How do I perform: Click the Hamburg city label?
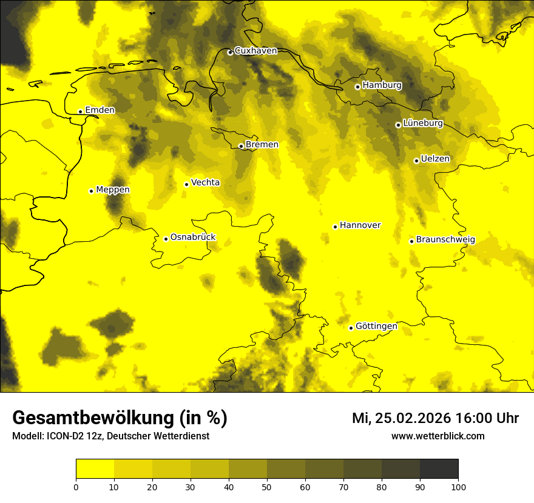point(382,85)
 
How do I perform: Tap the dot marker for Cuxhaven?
point(230,52)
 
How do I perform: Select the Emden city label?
point(100,110)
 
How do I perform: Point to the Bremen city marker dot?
point(241,146)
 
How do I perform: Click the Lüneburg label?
point(423,123)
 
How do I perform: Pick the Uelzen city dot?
point(416,161)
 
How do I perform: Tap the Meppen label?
point(113,190)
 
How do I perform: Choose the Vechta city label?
point(205,182)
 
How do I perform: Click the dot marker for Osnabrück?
point(166,239)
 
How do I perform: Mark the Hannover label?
point(360,225)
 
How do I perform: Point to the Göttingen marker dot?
point(351,328)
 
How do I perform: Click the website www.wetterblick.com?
point(438,436)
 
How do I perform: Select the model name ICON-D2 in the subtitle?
point(61,436)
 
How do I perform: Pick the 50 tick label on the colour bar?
point(267,487)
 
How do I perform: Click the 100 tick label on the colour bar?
point(458,487)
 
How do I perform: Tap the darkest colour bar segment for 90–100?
point(439,469)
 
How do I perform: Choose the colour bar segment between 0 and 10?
point(95,469)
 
